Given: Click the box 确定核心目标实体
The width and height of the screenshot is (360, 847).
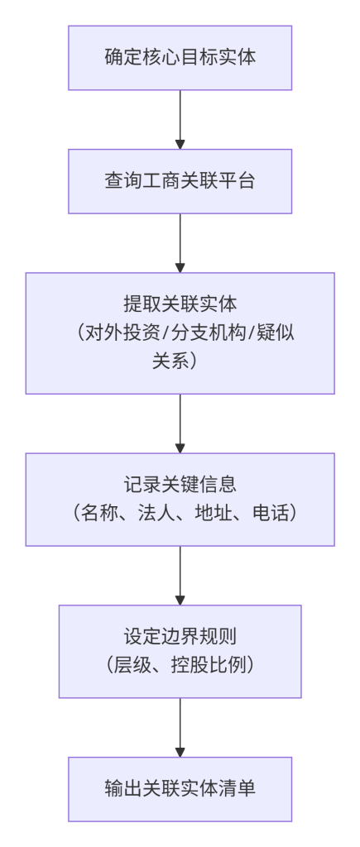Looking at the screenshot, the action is [180, 58].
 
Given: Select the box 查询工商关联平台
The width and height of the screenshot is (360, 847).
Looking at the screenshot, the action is [180, 181].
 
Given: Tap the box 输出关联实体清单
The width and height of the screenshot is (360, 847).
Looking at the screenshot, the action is [180, 789].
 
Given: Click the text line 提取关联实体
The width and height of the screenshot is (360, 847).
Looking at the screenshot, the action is [180, 305].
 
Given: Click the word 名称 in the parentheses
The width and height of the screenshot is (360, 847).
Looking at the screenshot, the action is [95, 513].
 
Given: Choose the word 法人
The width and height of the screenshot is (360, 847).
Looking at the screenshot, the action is [151, 513].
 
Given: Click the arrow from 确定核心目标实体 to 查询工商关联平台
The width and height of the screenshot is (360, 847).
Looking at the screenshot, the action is [180, 120].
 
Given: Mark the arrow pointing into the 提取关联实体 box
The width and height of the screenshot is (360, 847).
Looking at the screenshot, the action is [180, 243].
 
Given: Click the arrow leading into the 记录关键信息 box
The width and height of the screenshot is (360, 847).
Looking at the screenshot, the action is [180, 423].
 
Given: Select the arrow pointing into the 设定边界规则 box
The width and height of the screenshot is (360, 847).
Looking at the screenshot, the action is [180, 576].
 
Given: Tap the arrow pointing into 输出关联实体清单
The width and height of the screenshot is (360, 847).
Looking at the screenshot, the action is [180, 727].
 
